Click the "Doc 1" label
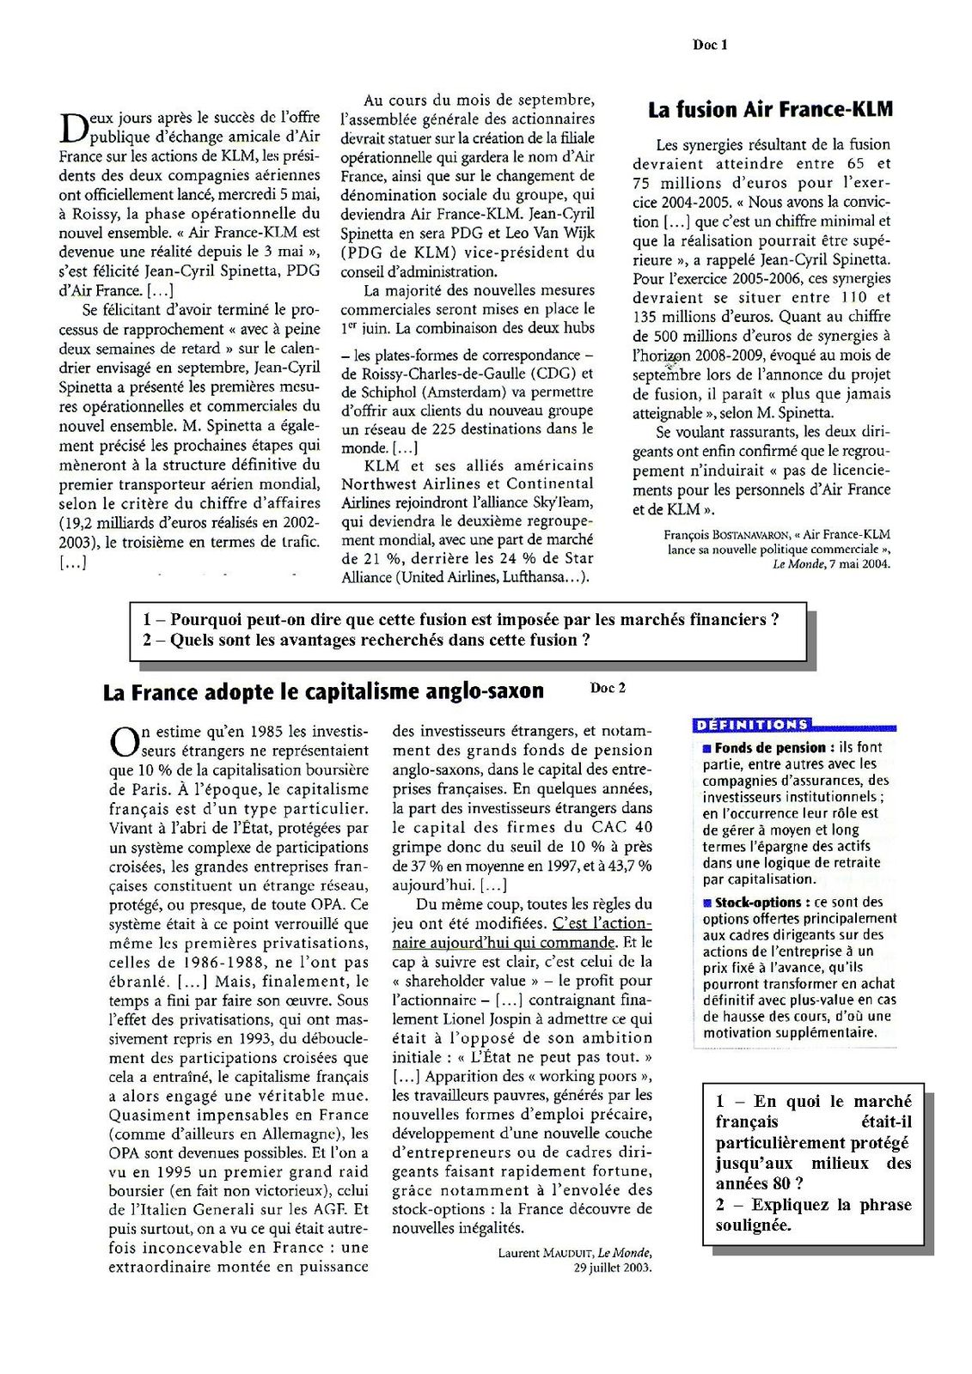pos(709,45)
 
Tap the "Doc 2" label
pos(608,687)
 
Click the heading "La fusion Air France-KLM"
pos(770,110)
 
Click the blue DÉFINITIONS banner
pos(751,725)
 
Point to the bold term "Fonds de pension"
pos(769,748)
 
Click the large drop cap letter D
pos(71,128)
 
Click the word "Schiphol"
pos(385,392)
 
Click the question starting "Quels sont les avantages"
pos(380,640)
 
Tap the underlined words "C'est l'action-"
pos(602,923)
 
